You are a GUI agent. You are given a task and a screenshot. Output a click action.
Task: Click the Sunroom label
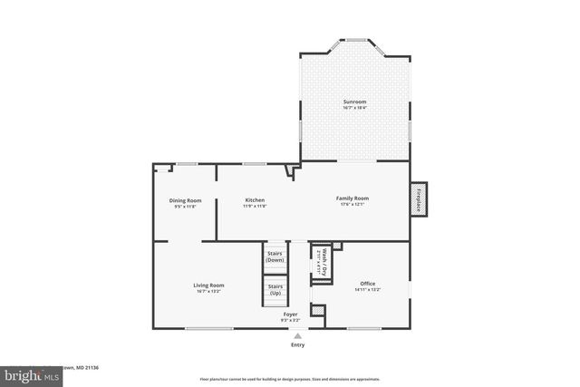point(354,102)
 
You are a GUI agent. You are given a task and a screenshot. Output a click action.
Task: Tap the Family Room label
point(353,198)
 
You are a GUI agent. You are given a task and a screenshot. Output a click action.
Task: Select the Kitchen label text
point(255,199)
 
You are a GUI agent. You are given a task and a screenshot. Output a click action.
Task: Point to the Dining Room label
point(185,199)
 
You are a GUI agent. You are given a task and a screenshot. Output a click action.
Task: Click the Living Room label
point(208,285)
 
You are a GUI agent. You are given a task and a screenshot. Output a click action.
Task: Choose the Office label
point(367,284)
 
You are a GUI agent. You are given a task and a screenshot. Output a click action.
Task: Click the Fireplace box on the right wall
point(420,199)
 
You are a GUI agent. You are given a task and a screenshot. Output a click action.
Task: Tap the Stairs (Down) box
point(275,256)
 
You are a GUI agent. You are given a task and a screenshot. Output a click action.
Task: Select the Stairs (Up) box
point(275,290)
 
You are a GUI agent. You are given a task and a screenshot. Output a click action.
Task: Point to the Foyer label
point(290,314)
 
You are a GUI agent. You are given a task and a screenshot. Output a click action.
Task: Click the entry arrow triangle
point(297,335)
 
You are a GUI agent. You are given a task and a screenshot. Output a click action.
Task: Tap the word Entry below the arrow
point(297,345)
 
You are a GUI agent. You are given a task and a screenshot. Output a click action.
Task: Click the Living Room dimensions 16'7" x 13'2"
point(208,292)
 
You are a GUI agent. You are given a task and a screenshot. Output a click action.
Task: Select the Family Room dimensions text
point(353,205)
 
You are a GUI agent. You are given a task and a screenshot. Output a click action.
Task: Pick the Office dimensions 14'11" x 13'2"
point(367,290)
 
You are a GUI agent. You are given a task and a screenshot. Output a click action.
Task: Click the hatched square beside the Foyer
point(317,311)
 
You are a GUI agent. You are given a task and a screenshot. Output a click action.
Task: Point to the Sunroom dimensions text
point(354,108)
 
